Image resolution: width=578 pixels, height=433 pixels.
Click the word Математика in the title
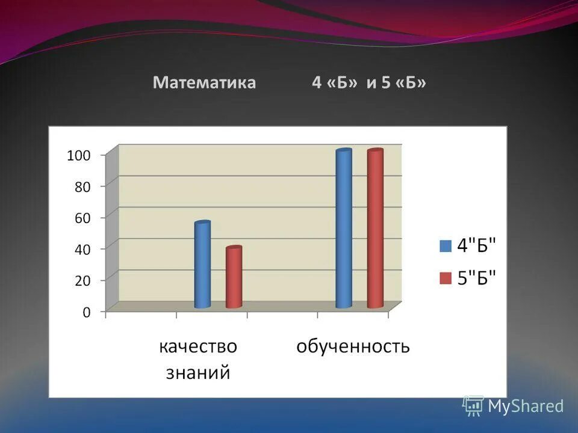(204, 83)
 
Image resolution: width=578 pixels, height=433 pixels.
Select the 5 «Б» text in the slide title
(403, 83)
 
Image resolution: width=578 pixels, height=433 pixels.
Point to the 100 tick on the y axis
(78, 155)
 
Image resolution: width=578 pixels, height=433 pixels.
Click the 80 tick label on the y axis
(82, 187)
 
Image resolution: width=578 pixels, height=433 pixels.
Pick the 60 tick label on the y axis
(82, 218)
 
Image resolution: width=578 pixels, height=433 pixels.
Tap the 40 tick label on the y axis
(82, 249)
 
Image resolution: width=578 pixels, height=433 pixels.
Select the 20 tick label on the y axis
(82, 280)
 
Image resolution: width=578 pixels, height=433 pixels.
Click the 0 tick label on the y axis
(86, 312)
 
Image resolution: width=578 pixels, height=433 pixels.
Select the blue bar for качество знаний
(202, 265)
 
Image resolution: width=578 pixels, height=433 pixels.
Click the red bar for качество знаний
(234, 277)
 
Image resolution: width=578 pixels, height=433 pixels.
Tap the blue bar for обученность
(344, 229)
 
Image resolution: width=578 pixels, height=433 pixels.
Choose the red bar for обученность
(375, 229)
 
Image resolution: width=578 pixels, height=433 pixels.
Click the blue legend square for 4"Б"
(446, 245)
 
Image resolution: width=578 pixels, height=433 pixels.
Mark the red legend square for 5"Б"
(446, 278)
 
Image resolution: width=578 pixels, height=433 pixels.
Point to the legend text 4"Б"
(477, 245)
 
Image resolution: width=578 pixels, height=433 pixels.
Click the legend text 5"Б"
(477, 278)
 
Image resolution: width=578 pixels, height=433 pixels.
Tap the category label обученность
(353, 347)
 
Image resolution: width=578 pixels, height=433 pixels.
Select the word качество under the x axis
(198, 347)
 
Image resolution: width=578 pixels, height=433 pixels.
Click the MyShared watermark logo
(513, 406)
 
